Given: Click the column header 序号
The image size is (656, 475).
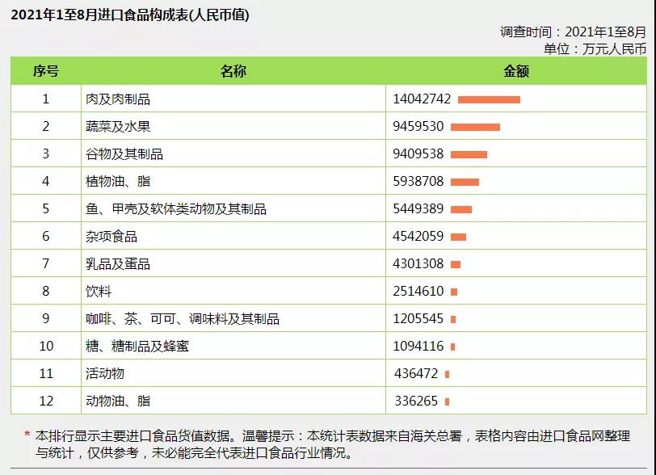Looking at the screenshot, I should [x=46, y=71].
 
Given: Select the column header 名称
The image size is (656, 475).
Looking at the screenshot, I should [x=233, y=71].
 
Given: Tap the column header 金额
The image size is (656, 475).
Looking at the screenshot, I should [x=515, y=71].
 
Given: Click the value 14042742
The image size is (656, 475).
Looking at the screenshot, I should [x=422, y=99].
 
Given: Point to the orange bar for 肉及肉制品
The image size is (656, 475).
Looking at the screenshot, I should [x=489, y=99].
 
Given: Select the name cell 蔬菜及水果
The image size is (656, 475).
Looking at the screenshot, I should [x=118, y=127].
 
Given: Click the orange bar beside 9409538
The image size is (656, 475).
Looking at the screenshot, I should [x=469, y=154].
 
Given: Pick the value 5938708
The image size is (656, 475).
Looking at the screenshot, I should [x=418, y=182].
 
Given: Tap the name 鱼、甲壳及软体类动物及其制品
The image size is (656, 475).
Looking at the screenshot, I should [x=175, y=209].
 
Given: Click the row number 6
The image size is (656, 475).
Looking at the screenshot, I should [x=46, y=237].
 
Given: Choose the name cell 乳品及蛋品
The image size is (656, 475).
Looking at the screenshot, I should [x=118, y=264].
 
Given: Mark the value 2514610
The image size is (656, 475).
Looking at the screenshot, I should [x=418, y=292].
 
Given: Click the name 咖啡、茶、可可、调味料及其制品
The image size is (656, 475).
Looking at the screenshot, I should [x=183, y=319].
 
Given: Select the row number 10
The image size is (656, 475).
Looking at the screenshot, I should [x=46, y=347].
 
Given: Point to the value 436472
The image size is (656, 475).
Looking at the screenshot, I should [x=416, y=374].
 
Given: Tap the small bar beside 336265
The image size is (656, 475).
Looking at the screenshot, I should [x=447, y=401].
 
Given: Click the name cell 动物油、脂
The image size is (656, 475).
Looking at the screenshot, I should [x=118, y=401].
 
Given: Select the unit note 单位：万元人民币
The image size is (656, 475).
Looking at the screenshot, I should [x=595, y=48].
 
